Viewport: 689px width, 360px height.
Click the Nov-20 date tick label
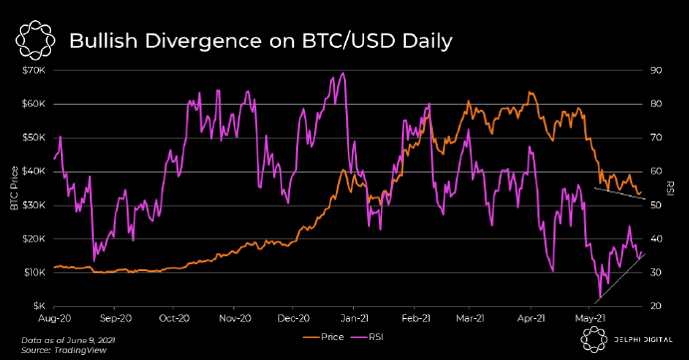(234, 319)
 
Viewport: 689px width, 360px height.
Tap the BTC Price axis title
(13, 187)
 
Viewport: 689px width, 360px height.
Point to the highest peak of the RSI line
(343, 73)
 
